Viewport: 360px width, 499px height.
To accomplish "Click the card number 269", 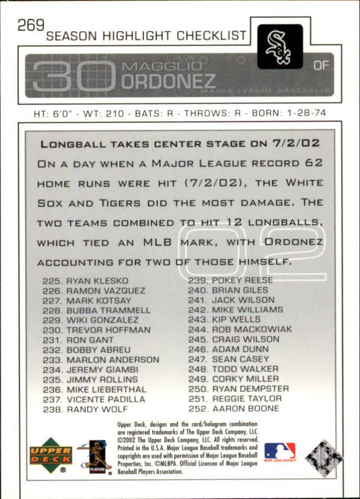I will [31, 25].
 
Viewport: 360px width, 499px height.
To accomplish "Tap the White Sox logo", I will [280, 47].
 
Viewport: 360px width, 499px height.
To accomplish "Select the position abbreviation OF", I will [321, 65].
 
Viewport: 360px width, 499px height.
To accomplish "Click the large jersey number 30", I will [74, 75].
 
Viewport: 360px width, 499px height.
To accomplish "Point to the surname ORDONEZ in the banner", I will [169, 81].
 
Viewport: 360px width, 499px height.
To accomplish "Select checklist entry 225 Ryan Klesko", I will [85, 281].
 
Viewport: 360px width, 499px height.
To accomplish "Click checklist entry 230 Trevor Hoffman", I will [96, 330].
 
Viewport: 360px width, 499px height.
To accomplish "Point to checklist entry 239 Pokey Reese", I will [230, 280].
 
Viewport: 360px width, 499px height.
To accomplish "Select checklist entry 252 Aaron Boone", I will [234, 409].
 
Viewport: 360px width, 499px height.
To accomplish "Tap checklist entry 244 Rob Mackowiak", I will [240, 329].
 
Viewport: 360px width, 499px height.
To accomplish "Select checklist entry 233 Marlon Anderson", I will [101, 360].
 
